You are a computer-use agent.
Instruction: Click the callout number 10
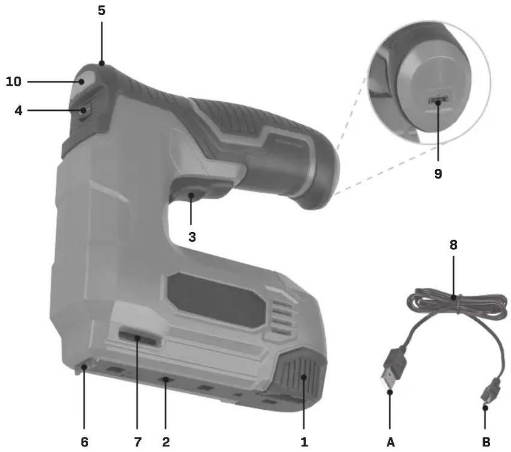point(14,82)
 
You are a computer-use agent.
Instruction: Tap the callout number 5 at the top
point(101,11)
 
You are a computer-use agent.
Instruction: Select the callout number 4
point(19,111)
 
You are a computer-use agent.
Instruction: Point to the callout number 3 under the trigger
point(192,237)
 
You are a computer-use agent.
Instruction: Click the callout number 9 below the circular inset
point(438,174)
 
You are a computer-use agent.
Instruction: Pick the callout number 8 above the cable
point(453,245)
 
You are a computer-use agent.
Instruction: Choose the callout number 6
point(85,442)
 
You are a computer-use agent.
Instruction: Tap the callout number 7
point(138,442)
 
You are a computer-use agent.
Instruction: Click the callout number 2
point(166,442)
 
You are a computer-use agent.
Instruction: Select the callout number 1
point(304,442)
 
